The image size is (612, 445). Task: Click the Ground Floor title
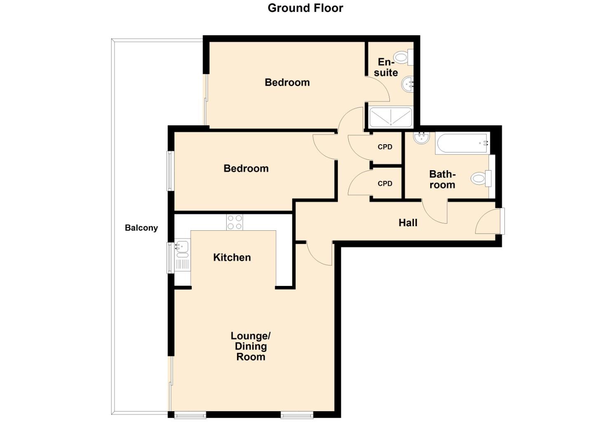(305, 8)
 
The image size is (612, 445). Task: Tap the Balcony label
(141, 228)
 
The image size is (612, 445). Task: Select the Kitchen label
(232, 258)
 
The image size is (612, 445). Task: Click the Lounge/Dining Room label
(251, 347)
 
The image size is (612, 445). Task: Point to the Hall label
(408, 223)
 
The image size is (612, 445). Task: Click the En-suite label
(386, 67)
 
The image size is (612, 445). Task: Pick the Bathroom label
(442, 180)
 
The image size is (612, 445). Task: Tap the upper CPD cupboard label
(385, 147)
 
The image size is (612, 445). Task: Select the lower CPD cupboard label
(385, 184)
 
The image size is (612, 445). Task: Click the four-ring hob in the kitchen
(234, 222)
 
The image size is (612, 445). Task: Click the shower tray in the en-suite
(390, 117)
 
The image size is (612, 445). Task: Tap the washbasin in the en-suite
(408, 85)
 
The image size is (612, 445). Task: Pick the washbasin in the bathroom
(421, 138)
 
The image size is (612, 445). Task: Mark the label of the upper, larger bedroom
(287, 82)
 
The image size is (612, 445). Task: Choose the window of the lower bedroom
(170, 171)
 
